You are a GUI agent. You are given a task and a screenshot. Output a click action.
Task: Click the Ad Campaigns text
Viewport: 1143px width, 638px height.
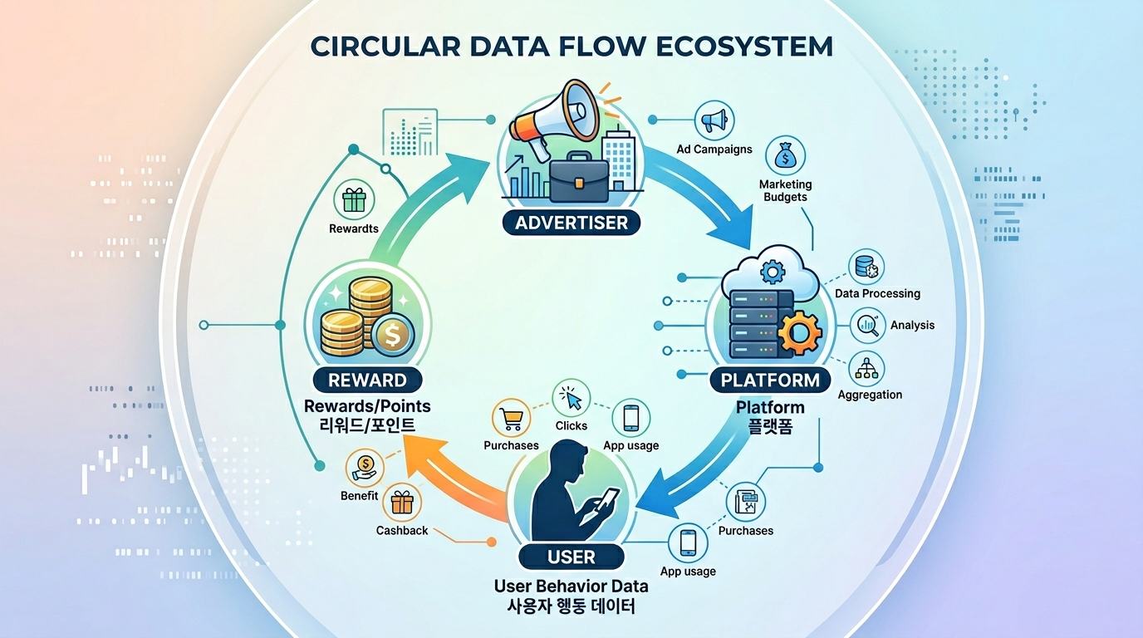point(714,150)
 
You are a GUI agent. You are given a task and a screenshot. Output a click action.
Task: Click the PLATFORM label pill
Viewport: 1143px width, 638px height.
point(770,380)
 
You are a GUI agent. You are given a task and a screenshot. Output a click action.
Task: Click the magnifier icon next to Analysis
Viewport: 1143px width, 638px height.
point(869,324)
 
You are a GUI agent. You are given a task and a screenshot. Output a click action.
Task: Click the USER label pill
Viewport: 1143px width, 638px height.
point(571,557)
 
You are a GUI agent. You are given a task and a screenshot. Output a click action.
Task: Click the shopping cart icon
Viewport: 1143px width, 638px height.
point(511,417)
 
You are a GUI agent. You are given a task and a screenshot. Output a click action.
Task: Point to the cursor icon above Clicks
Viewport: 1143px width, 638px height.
point(571,399)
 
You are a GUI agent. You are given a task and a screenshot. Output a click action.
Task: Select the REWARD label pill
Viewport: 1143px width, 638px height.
point(367,380)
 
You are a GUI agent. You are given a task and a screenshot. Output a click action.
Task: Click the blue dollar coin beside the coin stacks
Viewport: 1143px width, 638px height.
point(390,336)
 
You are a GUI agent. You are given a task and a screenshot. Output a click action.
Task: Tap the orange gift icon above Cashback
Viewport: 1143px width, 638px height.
point(402,502)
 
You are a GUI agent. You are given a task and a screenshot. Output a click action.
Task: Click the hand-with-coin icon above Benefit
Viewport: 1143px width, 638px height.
point(365,467)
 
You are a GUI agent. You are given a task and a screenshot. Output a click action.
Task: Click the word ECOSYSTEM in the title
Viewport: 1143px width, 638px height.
point(744,47)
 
